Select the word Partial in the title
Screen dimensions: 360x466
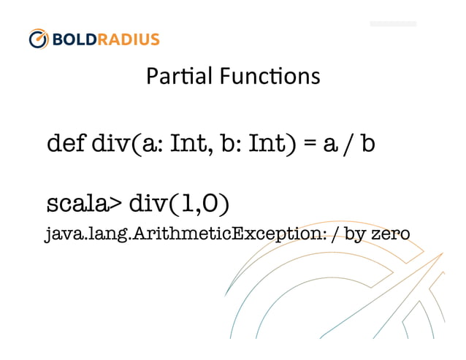(172, 76)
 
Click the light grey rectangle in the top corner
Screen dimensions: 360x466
(393, 23)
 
